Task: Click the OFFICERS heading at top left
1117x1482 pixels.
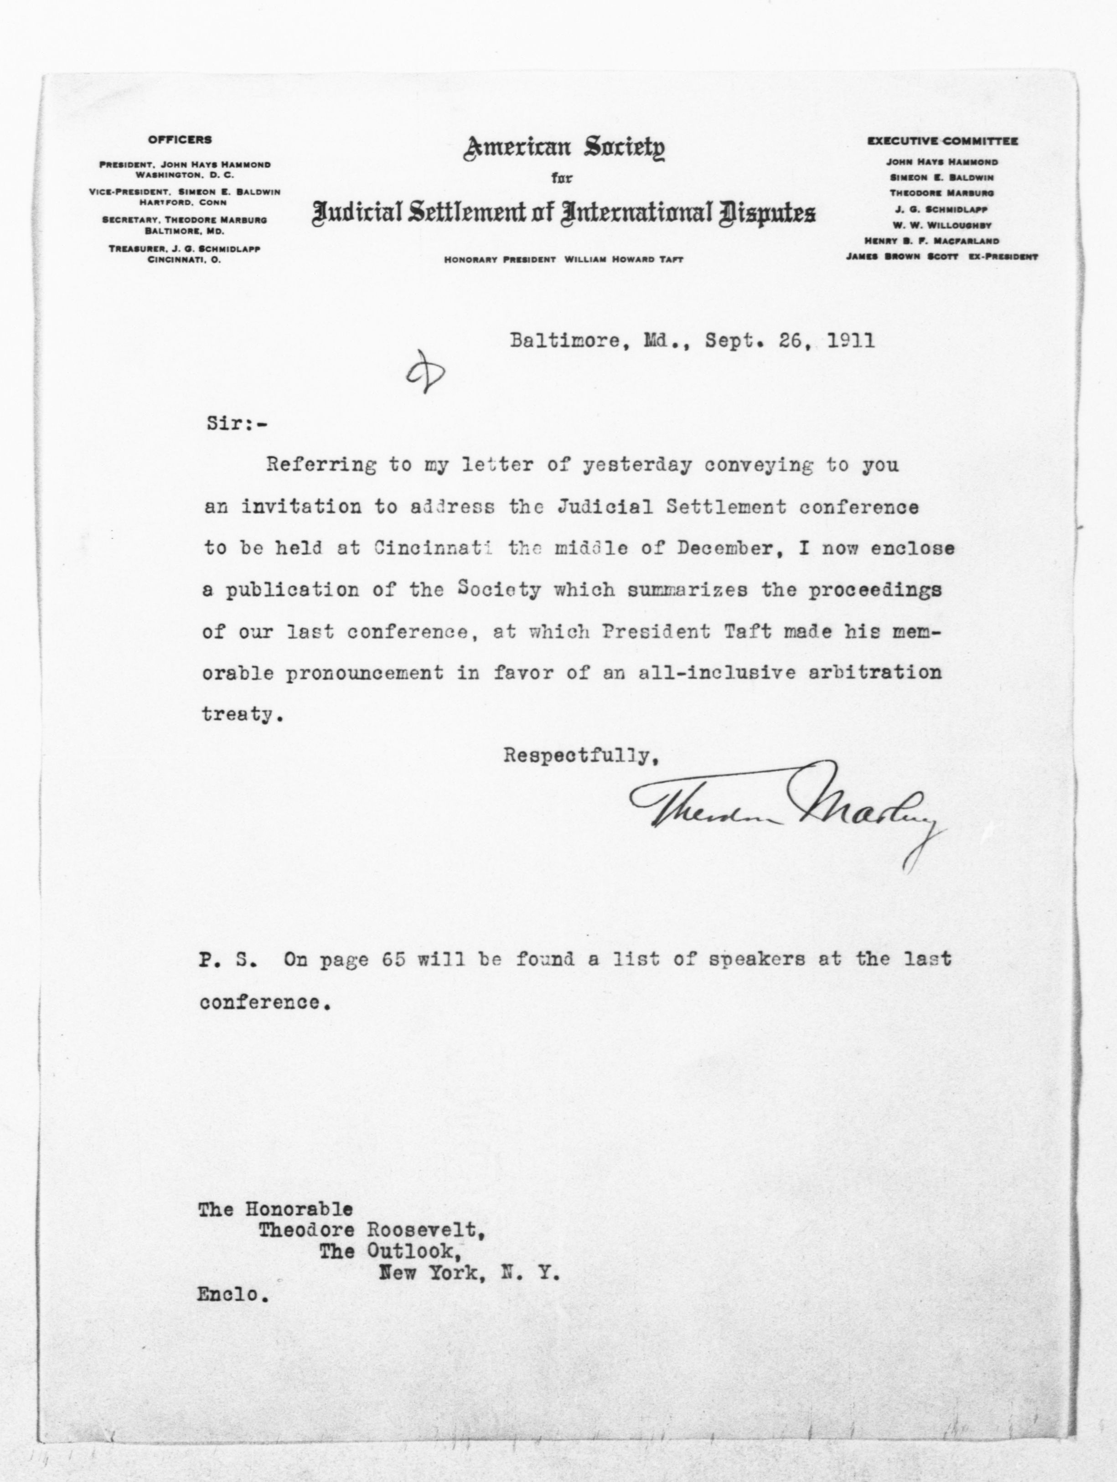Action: (180, 140)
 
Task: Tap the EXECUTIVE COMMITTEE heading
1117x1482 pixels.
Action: (942, 141)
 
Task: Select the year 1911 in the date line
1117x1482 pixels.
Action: (851, 341)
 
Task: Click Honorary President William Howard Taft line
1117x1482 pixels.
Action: (564, 260)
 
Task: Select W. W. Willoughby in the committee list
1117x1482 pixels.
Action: (941, 225)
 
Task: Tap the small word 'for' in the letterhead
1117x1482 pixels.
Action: (562, 179)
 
